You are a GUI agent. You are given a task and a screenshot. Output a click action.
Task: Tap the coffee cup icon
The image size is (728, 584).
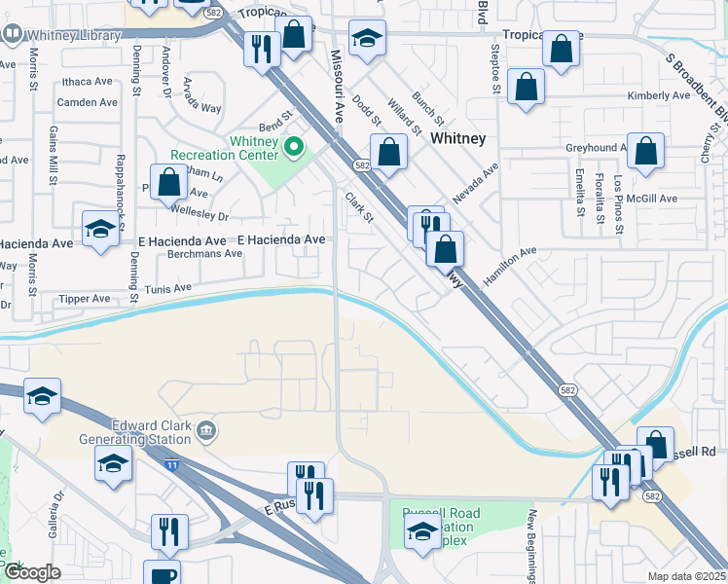point(162,574)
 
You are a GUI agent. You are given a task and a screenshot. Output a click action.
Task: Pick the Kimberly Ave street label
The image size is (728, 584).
point(659,95)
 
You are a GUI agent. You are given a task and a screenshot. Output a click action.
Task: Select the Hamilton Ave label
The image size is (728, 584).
point(509,265)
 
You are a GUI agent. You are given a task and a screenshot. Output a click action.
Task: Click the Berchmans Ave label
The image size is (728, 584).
point(203,253)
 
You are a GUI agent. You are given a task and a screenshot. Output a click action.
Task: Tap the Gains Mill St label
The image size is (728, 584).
point(50,156)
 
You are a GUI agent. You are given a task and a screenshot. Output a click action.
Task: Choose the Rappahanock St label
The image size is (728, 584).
point(121,182)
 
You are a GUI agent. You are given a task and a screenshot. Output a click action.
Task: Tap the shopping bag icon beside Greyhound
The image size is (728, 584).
point(645,152)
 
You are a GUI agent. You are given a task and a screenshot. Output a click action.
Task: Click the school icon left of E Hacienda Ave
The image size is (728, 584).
point(99,230)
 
